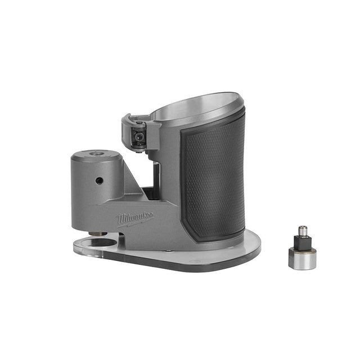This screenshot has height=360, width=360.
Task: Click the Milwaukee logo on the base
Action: point(135,217)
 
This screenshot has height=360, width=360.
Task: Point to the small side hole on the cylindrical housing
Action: point(99,181)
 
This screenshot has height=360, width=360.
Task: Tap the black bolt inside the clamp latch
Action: point(136,137)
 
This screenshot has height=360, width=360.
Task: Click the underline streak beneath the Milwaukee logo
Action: point(137,223)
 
